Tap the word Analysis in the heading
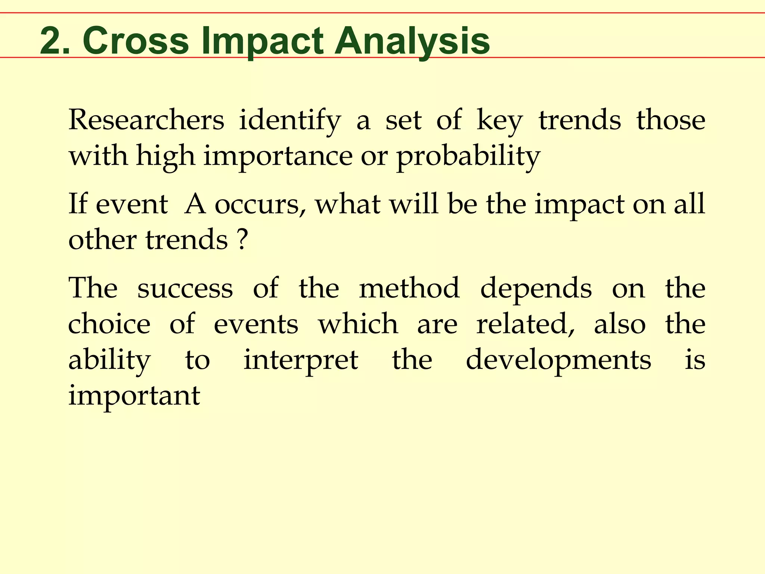(412, 41)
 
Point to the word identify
(290, 120)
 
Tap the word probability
(468, 156)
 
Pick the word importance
(278, 156)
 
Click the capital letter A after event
(195, 204)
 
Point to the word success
(185, 288)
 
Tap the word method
(409, 288)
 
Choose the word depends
(536, 288)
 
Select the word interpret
(301, 360)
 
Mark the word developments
(558, 360)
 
